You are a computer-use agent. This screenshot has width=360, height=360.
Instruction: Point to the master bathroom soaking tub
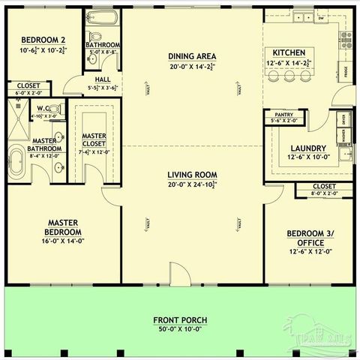(16, 161)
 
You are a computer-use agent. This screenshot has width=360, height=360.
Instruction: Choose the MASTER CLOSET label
(94, 140)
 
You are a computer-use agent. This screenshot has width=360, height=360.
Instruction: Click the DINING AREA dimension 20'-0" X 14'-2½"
(193, 66)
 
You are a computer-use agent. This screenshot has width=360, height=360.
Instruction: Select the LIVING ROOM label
(193, 174)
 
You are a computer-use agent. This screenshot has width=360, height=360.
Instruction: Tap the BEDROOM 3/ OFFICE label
(308, 238)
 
